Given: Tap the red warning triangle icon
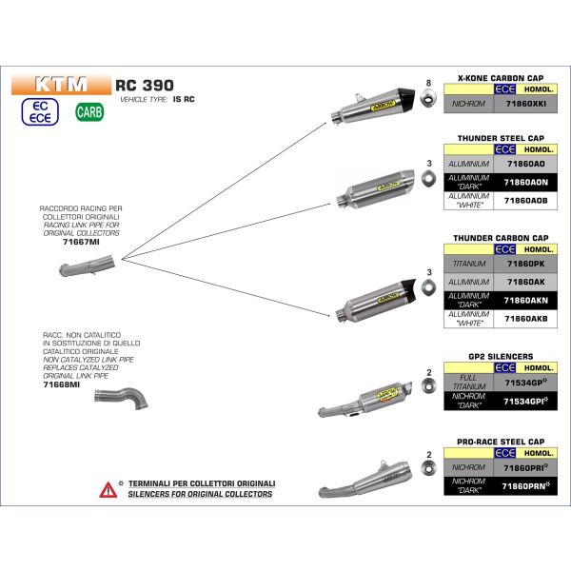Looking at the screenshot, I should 107,489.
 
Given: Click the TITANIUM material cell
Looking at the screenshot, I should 468,262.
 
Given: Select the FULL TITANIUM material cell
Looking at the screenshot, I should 468,382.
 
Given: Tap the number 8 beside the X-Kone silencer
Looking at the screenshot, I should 429,84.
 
